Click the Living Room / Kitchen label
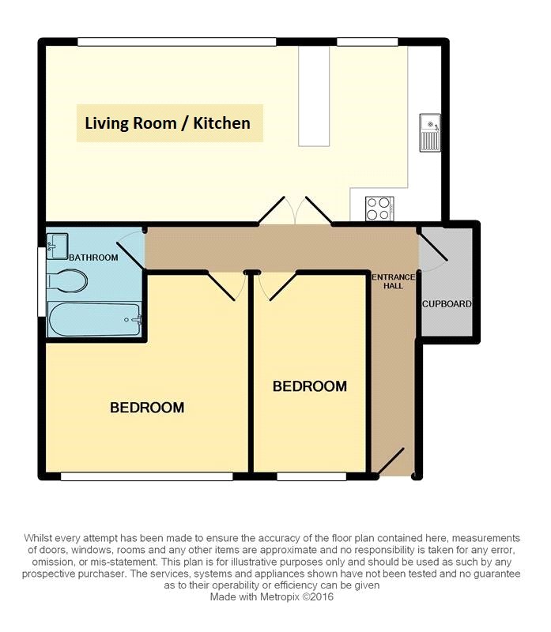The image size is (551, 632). (x=168, y=123)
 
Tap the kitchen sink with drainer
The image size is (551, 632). (x=430, y=133)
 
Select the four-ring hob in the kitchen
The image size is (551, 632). (x=379, y=209)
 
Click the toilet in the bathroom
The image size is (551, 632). (x=67, y=280)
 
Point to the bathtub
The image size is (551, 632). (x=94, y=319)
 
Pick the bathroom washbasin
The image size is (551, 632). (x=57, y=246)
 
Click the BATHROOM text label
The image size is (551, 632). (x=93, y=258)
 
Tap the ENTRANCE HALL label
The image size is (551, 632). (x=393, y=281)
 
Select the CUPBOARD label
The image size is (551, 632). (x=447, y=304)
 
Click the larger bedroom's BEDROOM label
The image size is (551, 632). (x=147, y=408)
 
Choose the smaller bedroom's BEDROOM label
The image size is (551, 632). (x=310, y=386)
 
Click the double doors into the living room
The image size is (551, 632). (x=296, y=210)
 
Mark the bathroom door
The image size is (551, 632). (x=131, y=250)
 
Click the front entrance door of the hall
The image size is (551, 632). (x=388, y=461)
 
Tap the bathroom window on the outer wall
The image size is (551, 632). (x=42, y=282)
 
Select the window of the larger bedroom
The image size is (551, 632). (x=147, y=476)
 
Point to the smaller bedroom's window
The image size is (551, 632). (x=311, y=476)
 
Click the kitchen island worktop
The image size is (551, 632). (x=314, y=96)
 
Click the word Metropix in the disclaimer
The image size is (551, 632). (x=279, y=596)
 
